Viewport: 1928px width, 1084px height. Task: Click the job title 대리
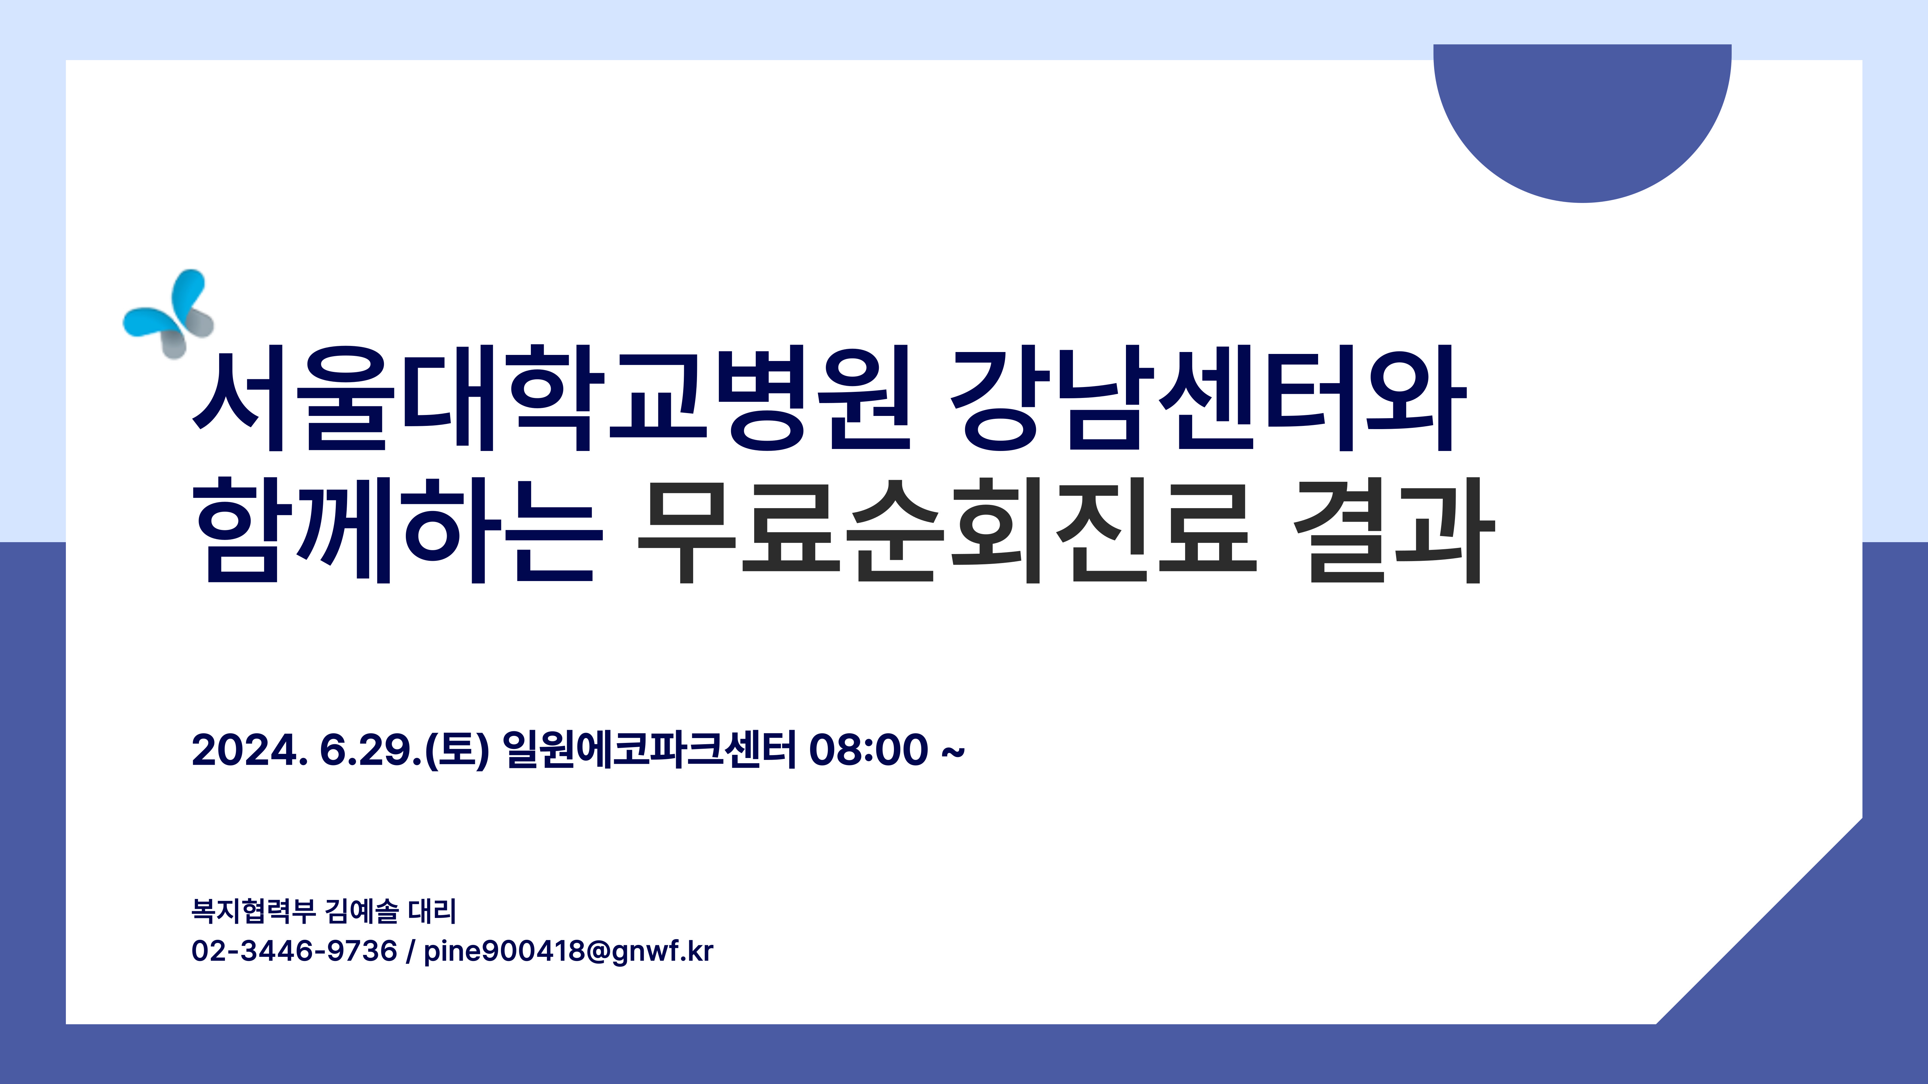(x=433, y=911)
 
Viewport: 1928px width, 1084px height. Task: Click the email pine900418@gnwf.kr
(x=568, y=952)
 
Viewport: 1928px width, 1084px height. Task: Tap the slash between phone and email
(x=410, y=952)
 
